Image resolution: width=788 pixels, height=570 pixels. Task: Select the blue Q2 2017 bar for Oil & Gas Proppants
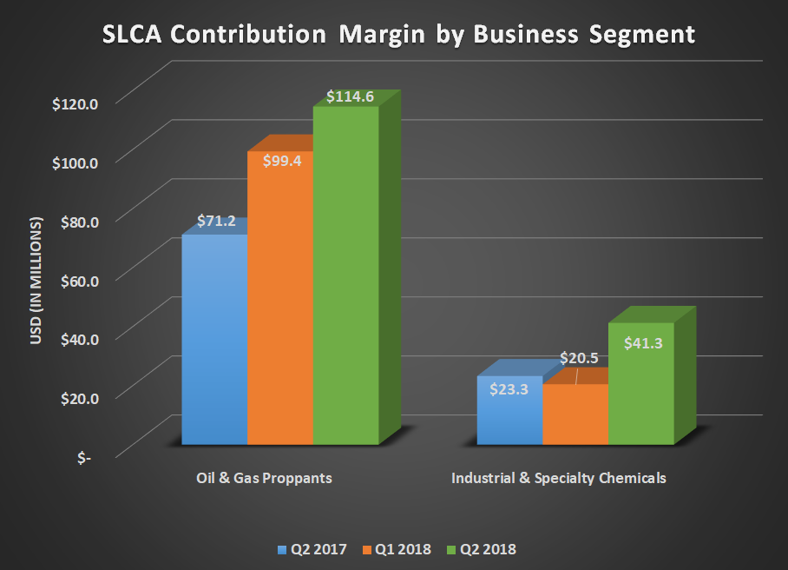[x=214, y=348]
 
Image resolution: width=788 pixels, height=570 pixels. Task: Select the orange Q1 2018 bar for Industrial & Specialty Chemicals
[x=575, y=417]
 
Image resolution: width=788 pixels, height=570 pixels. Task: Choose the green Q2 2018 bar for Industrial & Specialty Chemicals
[x=640, y=391]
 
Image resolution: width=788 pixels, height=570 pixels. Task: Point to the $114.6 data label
[x=350, y=96]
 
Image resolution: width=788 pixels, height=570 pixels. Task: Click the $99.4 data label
[x=280, y=161]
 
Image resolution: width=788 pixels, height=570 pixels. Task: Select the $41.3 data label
[x=643, y=343]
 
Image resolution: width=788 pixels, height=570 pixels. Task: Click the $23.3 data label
[x=509, y=391]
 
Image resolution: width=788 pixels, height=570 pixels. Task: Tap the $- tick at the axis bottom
[x=84, y=457]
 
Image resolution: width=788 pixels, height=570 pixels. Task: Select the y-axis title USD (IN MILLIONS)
[x=36, y=281]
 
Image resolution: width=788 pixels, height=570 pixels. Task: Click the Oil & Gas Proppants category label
[x=264, y=478]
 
